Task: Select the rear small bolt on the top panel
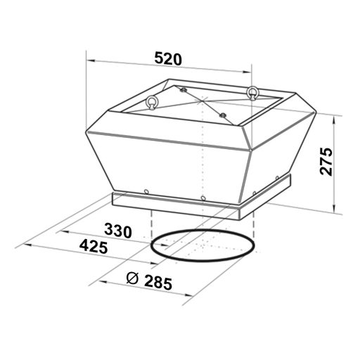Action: coord(182,91)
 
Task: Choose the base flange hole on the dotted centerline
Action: coord(202,198)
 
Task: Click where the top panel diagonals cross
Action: coord(202,103)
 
